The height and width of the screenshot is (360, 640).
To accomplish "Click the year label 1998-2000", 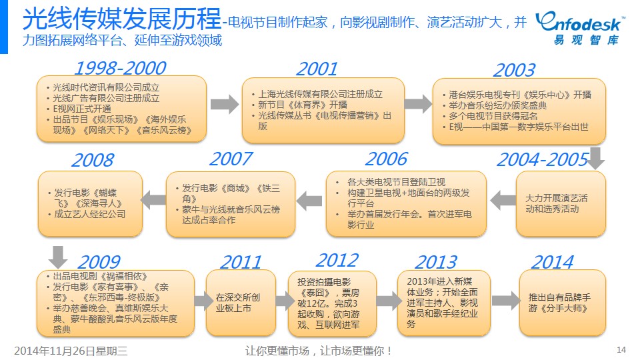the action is coord(121,68).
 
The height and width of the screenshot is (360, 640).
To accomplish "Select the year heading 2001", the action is coord(317,69).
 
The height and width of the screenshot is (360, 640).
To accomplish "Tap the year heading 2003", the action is coord(514,70).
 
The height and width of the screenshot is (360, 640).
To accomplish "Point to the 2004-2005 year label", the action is coord(543,159).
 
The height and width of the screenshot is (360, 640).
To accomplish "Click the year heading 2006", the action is coord(386,159).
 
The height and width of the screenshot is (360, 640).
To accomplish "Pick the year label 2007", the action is coord(231,159).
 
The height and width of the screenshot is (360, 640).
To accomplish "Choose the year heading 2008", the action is coord(93,160).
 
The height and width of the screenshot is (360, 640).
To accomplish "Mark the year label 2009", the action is coord(99,261).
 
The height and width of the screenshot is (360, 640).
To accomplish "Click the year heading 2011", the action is coord(241,261).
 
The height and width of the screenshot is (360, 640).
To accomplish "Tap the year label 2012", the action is coord(337,260).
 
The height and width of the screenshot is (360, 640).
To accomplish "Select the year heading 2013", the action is coord(436,261).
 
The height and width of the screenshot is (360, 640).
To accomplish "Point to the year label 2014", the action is coord(552,261).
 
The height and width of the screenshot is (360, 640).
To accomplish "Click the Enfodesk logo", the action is coord(579,28).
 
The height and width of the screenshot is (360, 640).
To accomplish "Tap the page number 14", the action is coord(621,350).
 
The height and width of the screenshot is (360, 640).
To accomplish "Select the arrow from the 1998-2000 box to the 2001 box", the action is coord(225,104).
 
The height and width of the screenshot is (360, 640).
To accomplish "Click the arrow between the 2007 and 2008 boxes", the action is coord(153,200).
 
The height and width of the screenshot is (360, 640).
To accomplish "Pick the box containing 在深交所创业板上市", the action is coord(241,303).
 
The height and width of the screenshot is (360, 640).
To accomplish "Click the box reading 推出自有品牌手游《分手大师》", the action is coord(563,303).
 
